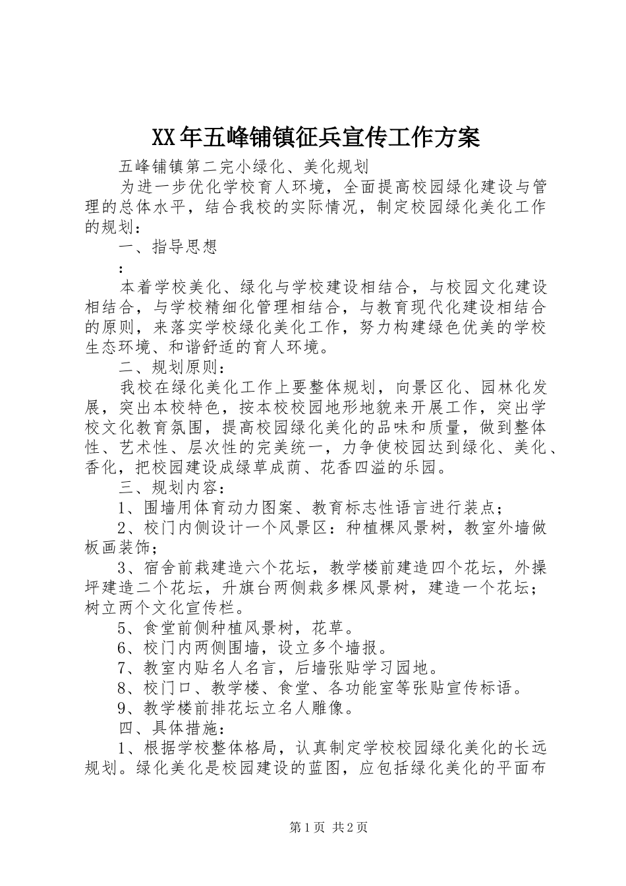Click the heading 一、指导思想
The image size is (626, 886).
pyautogui.click(x=168, y=247)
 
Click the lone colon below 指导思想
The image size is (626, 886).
pyautogui.click(x=121, y=269)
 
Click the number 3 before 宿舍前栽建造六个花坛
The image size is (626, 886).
pyautogui.click(x=123, y=568)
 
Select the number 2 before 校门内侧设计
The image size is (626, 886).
pyautogui.click(x=123, y=528)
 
